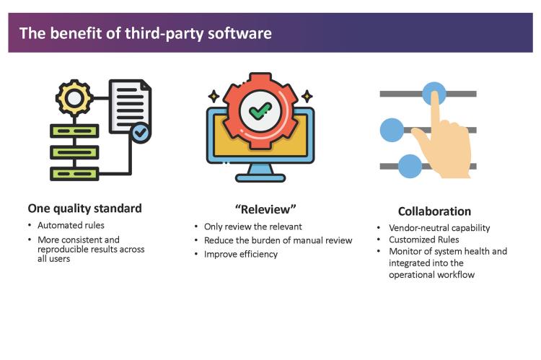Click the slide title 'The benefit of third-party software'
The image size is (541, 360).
coord(145,33)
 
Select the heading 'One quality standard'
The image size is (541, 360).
coord(85,208)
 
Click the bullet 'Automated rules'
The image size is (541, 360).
coord(74,226)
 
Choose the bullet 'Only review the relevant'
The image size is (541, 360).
coord(252,227)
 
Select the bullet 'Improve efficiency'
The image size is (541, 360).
coord(240,254)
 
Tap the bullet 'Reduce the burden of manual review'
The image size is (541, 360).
coord(278,240)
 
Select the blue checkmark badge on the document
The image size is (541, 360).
coord(141,133)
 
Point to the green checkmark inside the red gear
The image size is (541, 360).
coord(260,111)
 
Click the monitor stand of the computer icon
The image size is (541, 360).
coord(260,171)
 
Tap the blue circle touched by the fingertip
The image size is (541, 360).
coord(434,93)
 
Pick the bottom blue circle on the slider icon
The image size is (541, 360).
coord(409,166)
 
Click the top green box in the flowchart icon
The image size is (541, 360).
coord(74,131)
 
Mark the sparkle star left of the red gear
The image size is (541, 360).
coord(214,95)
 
